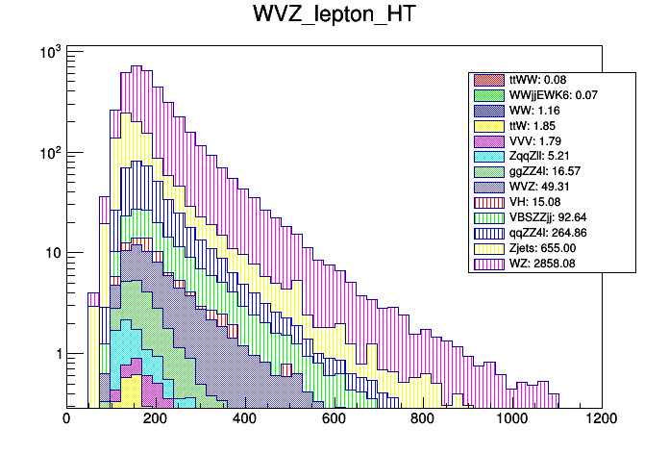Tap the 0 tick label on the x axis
point(66,419)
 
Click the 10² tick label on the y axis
point(49,152)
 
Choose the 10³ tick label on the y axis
point(49,51)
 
